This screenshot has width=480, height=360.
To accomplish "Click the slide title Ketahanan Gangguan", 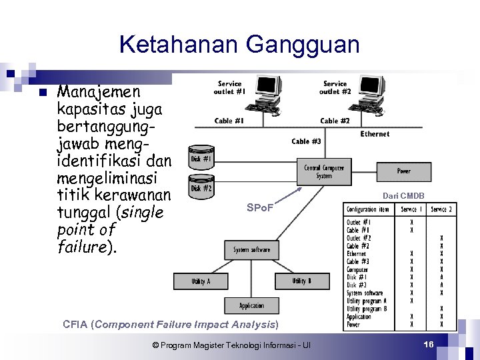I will tap(239, 45).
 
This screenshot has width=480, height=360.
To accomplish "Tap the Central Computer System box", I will tap(324, 172).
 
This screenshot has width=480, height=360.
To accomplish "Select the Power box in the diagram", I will tap(403, 171).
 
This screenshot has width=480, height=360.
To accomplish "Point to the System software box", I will tap(251, 250).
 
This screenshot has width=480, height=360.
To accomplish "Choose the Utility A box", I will tap(200, 281).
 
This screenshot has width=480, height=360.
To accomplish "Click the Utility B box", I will tap(301, 281).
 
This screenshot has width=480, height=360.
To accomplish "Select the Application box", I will tap(251, 306).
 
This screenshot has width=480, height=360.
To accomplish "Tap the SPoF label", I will tap(259, 209).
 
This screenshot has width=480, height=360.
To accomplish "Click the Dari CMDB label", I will tap(403, 195).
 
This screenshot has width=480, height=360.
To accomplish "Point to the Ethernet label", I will tap(375, 134).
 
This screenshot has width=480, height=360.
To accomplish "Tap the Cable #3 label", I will tap(306, 141).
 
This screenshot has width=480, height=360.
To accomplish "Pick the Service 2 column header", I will tap(441, 209).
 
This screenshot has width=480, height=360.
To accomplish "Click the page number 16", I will tap(429, 343).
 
